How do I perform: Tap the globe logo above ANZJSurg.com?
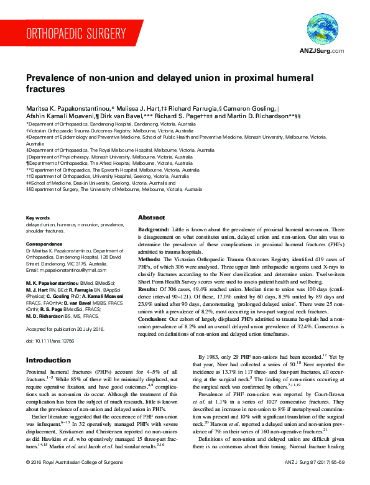(321, 29)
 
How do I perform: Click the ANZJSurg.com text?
(321, 51)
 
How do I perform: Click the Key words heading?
(37, 217)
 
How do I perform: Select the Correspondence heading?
(44, 244)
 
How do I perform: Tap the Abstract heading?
(151, 218)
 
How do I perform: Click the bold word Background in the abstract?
(153, 230)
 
